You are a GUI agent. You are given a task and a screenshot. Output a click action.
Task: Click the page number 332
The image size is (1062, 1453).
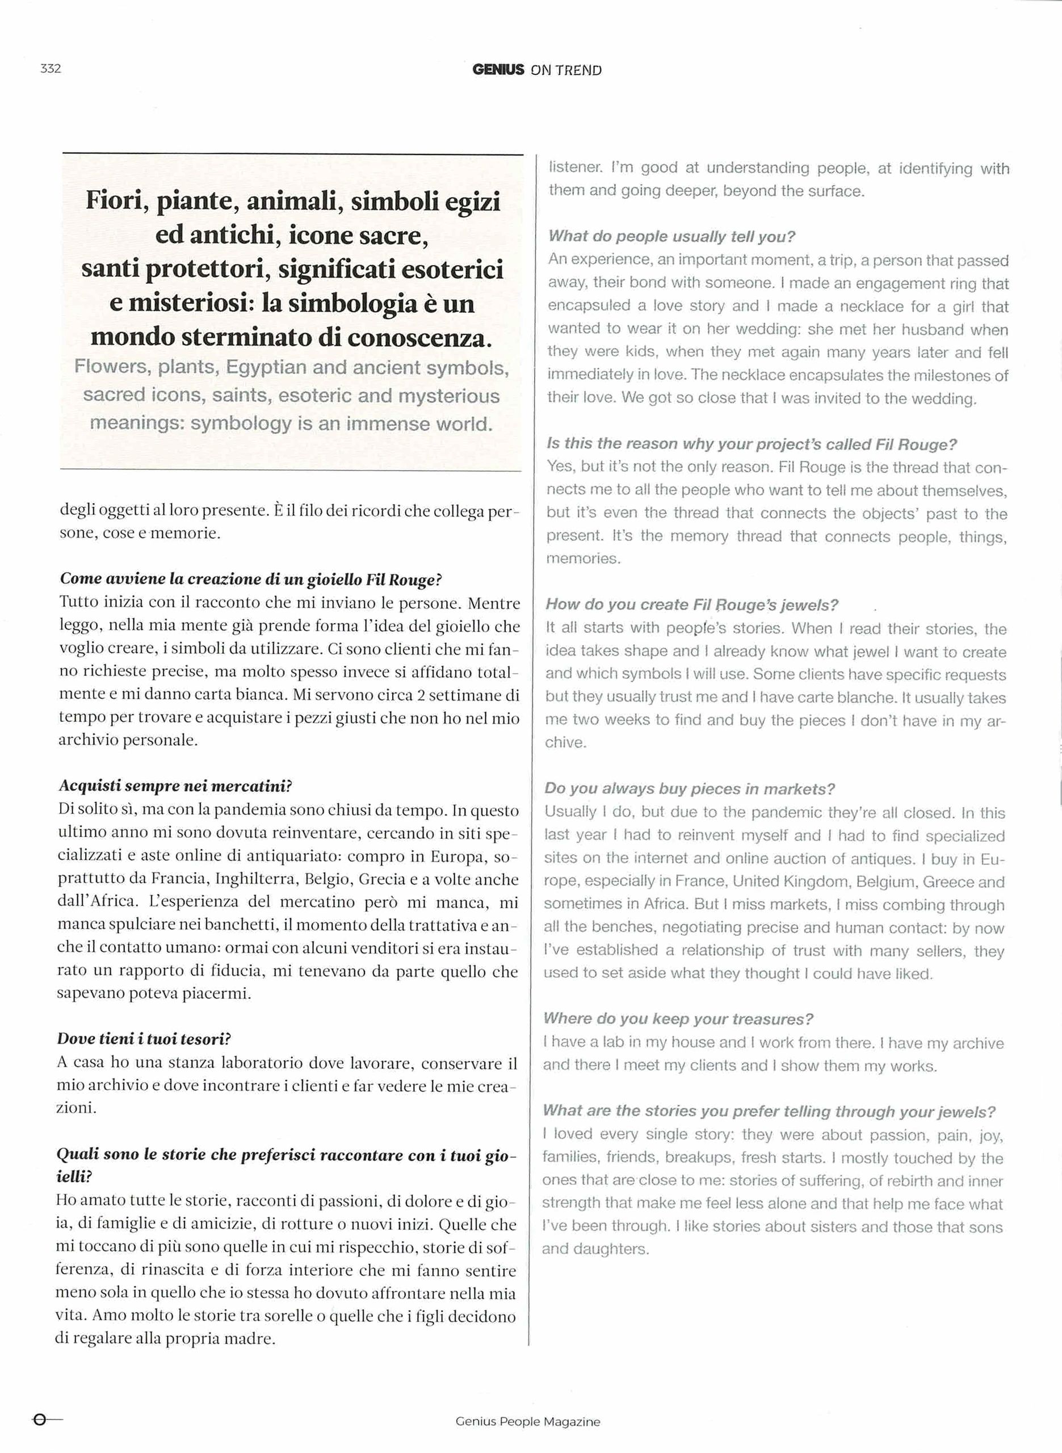point(50,69)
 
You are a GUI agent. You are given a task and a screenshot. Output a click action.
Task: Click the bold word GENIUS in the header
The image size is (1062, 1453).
point(498,70)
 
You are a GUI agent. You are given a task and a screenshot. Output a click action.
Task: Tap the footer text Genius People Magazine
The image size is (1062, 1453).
point(527,1422)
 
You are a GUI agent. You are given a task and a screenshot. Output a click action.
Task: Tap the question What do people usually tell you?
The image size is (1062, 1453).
point(672,237)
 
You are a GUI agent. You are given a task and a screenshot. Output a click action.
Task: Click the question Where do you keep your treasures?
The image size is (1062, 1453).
point(678,1019)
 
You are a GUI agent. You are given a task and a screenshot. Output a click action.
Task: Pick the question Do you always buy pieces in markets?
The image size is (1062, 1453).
point(689,788)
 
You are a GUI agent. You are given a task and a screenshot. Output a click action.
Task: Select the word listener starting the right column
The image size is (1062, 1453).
point(576,168)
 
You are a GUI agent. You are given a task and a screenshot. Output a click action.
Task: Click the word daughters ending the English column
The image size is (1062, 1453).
point(606,1249)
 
